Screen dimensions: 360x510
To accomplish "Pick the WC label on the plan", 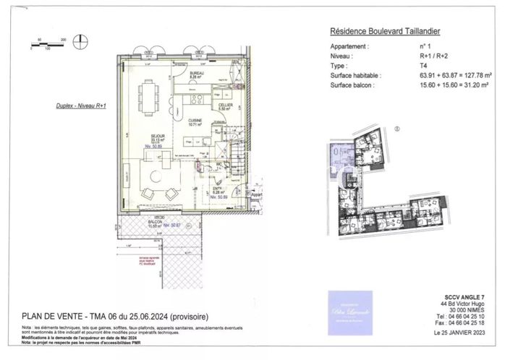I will (217, 164).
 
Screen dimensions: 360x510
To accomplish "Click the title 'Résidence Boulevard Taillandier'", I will (385, 31).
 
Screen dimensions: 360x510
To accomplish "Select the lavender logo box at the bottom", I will (350, 312).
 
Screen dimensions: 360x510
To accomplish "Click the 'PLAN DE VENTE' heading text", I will (52, 316).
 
